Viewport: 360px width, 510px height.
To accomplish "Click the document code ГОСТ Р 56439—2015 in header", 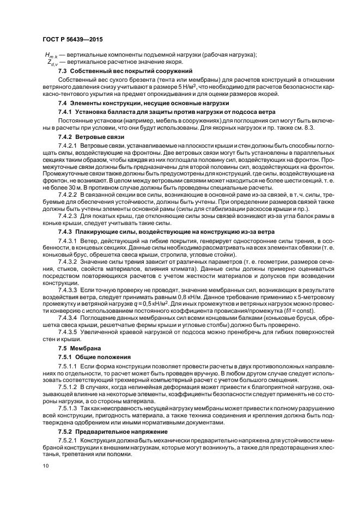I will [x=72, y=40].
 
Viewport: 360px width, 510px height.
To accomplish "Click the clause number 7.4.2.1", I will [x=69, y=147].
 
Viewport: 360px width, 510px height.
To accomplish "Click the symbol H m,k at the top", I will [x=52, y=55].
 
